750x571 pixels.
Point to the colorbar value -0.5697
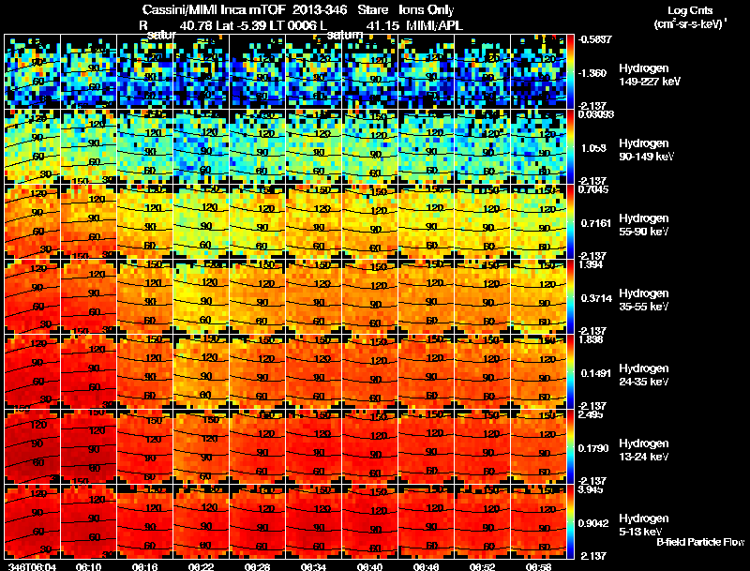pos(596,39)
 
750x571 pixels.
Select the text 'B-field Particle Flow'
pos(699,542)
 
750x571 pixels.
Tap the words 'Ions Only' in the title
pos(427,10)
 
